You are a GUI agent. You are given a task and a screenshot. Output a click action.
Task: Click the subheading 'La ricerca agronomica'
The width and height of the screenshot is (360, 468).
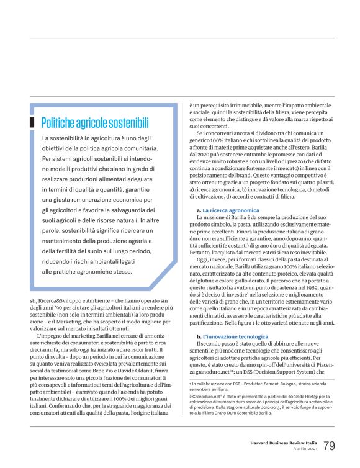pos(225,211)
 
